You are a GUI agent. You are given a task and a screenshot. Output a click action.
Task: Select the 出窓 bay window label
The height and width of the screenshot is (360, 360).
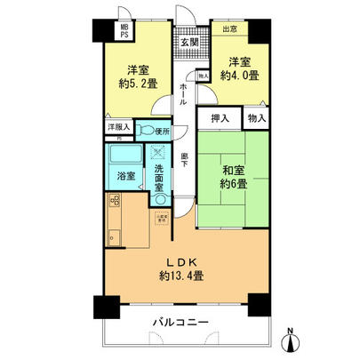click(229, 28)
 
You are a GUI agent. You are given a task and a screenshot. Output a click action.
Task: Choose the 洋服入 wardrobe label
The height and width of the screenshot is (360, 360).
click(119, 128)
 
